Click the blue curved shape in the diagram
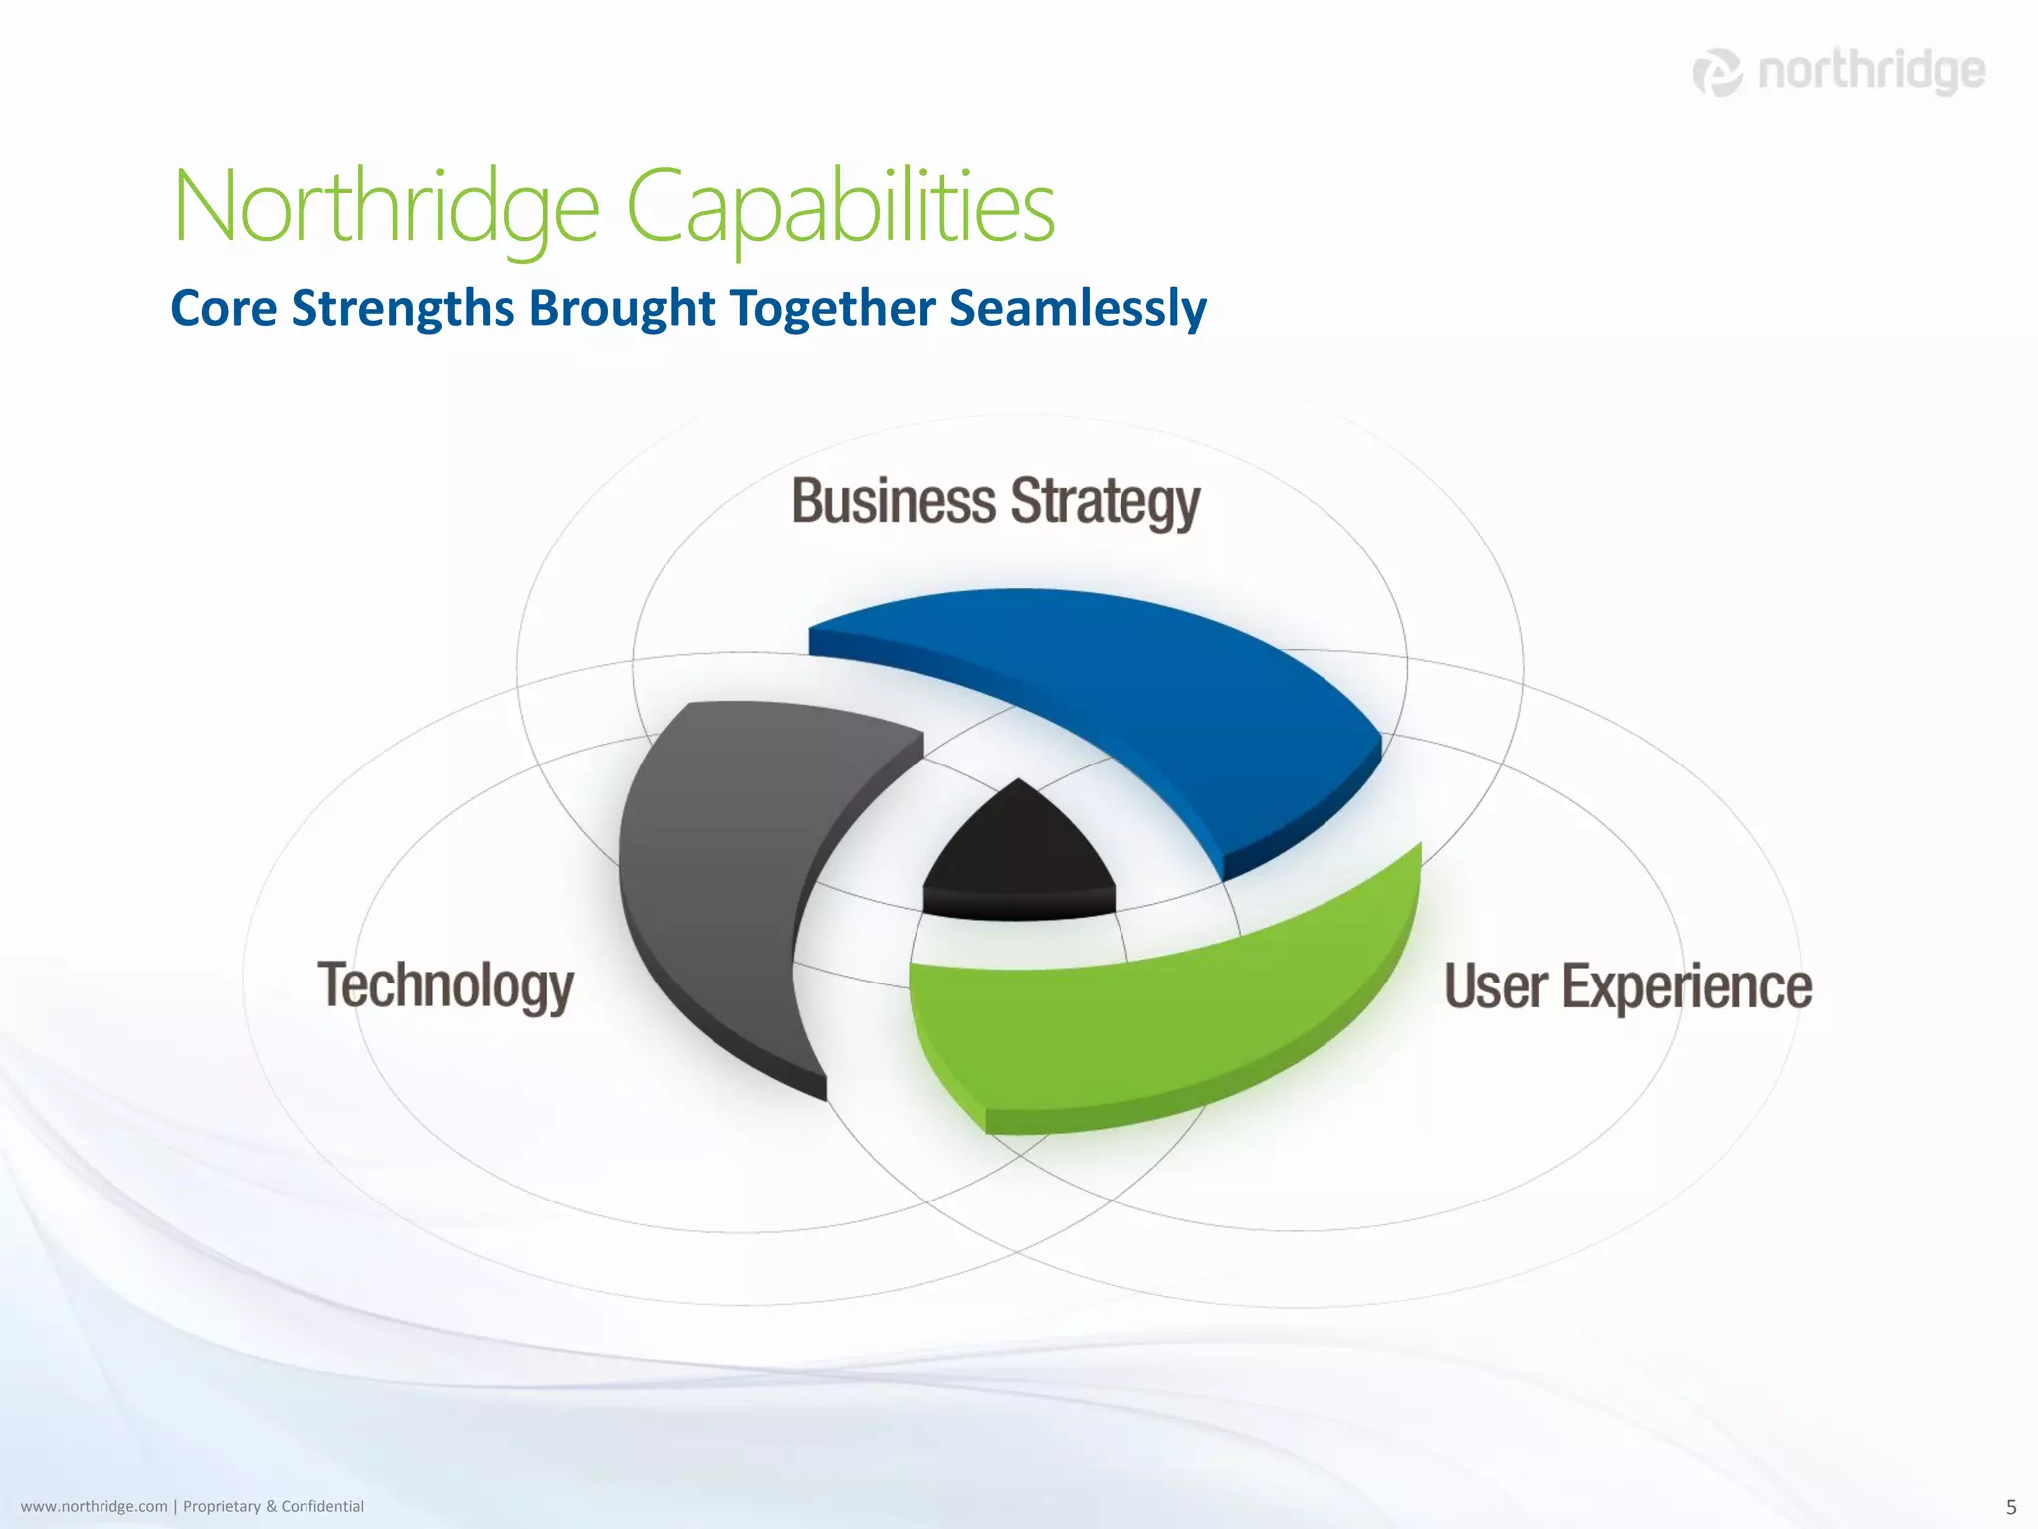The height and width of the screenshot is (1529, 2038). (1144, 687)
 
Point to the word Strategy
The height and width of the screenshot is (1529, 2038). (1106, 503)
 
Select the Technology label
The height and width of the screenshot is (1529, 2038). (446, 985)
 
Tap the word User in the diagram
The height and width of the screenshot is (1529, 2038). (1494, 985)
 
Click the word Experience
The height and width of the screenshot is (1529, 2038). (1687, 987)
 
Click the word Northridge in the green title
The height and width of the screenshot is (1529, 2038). (386, 206)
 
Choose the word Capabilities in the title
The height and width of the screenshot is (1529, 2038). (840, 206)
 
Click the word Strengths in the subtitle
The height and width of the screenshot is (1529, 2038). (403, 308)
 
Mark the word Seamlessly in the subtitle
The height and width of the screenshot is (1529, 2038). (1078, 308)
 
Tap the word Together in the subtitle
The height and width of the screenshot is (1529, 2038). (832, 308)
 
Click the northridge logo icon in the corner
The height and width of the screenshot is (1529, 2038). (1718, 72)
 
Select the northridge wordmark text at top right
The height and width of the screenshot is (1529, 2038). (1872, 72)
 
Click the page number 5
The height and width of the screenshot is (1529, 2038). (2010, 1507)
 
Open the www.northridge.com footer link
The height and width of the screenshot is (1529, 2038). (94, 1506)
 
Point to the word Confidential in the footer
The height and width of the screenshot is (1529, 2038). (322, 1506)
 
